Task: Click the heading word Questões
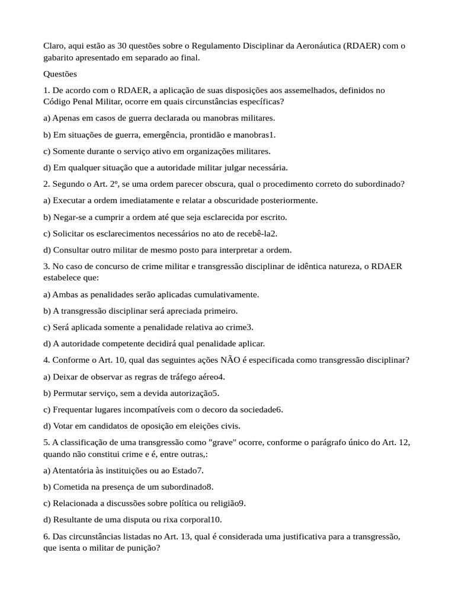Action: pyautogui.click(x=60, y=74)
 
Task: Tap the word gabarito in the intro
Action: pyautogui.click(x=60, y=57)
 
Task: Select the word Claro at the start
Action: pyautogui.click(x=54, y=46)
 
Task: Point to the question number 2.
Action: pyautogui.click(x=46, y=184)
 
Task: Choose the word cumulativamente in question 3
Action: pyautogui.click(x=226, y=294)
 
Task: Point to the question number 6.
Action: pyautogui.click(x=46, y=536)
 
